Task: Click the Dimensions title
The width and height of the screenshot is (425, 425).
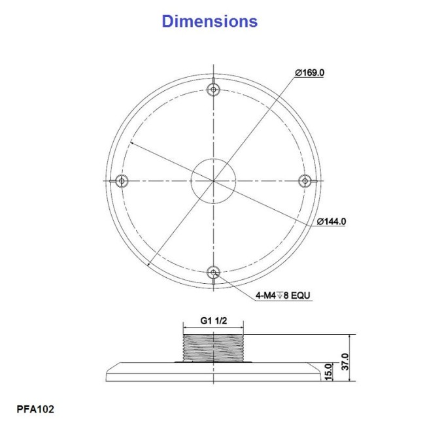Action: (x=209, y=21)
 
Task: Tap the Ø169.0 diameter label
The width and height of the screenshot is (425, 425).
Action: (x=309, y=73)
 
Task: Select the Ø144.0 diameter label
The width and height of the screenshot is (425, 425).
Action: (x=331, y=222)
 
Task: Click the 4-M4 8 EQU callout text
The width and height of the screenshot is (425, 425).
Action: (x=282, y=295)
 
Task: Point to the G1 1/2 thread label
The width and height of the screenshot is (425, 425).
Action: (x=213, y=320)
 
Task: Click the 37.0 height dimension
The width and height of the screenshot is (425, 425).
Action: (x=345, y=362)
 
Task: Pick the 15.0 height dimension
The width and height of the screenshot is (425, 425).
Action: (x=328, y=372)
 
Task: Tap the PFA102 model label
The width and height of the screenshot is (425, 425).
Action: (x=35, y=409)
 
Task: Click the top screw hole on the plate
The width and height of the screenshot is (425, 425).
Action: (x=213, y=89)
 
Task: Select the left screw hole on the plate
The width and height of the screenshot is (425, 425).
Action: (x=122, y=180)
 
